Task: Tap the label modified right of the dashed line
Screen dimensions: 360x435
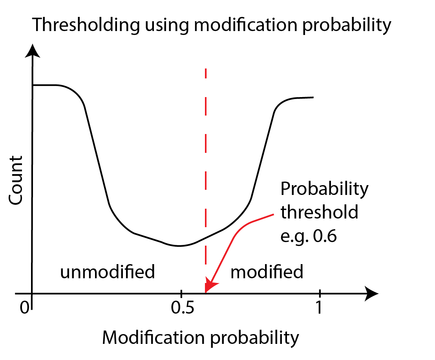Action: pos(267,272)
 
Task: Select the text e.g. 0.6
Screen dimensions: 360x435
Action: pos(309,237)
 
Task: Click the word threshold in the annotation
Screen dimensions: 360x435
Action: pos(319,213)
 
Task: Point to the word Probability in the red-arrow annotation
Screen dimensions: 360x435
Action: pos(324,189)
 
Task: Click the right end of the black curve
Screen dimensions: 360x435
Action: pos(313,97)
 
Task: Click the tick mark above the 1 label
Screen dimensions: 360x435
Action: pos(320,293)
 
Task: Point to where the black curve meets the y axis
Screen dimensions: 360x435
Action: pos(33,85)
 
